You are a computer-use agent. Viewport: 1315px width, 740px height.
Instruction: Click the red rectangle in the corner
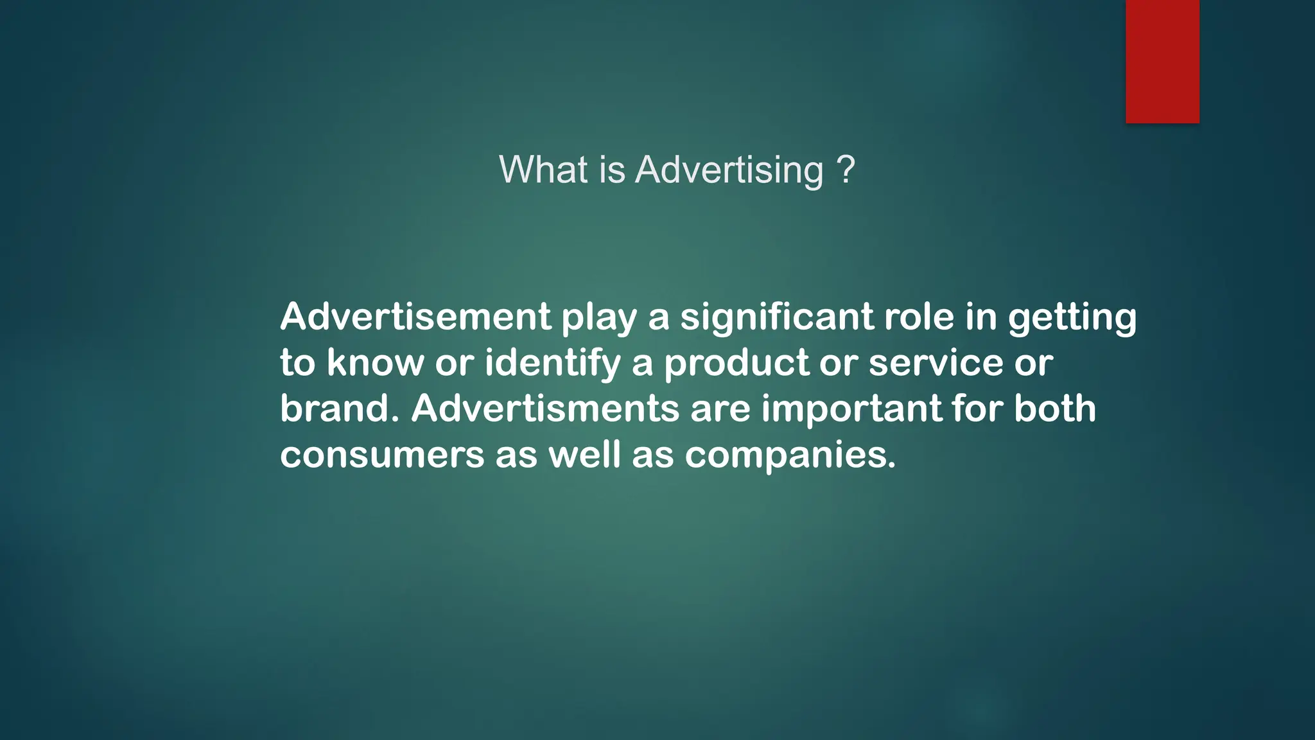pyautogui.click(x=1162, y=61)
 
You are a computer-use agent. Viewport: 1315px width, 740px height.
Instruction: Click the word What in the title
pyautogui.click(x=543, y=170)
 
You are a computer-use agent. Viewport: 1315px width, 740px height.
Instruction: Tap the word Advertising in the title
pyautogui.click(x=729, y=170)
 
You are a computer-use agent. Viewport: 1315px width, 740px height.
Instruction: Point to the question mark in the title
pyautogui.click(x=846, y=170)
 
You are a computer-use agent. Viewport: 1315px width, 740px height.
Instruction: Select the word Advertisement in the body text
pyautogui.click(x=415, y=317)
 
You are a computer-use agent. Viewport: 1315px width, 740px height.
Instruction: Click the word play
pyautogui.click(x=599, y=318)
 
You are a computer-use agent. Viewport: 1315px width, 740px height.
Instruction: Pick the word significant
pyautogui.click(x=777, y=317)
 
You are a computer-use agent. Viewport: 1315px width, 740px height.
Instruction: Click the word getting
pyautogui.click(x=1072, y=318)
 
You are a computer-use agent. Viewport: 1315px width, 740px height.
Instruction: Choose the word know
pyautogui.click(x=376, y=363)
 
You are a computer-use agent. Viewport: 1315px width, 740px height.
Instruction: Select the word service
pyautogui.click(x=936, y=363)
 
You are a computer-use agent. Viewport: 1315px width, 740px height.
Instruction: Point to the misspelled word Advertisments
pyautogui.click(x=545, y=409)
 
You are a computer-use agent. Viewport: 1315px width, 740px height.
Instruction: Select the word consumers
pyautogui.click(x=382, y=455)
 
